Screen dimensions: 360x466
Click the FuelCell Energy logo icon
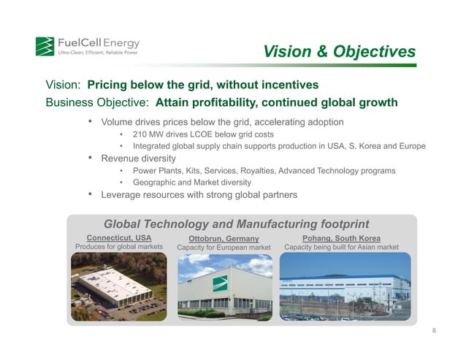[x=45, y=46]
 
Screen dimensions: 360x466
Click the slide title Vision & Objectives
[x=339, y=52]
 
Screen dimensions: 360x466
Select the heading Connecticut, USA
[x=119, y=238]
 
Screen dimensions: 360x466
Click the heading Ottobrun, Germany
[x=224, y=239]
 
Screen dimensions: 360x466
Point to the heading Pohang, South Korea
[x=341, y=238]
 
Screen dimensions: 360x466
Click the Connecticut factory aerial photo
[x=119, y=287]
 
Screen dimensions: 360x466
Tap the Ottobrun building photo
[x=224, y=287]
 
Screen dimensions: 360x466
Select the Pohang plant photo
[x=340, y=287]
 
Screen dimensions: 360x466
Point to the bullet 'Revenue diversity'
[x=138, y=158]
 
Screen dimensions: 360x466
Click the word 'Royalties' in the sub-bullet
[x=251, y=170]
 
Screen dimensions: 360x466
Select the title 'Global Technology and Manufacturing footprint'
[x=237, y=223]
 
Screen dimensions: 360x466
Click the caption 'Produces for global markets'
[x=119, y=248]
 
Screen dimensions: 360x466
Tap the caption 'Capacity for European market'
[x=224, y=248]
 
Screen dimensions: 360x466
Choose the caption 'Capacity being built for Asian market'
[x=341, y=248]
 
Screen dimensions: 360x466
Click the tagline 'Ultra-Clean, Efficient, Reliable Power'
[x=98, y=53]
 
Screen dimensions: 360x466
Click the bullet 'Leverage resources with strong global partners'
[x=199, y=194]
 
